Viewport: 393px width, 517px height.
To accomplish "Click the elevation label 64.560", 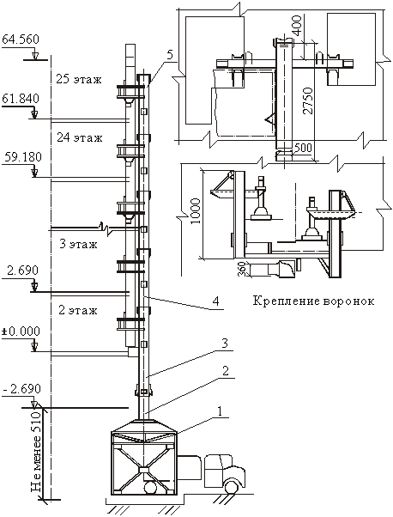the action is [x=21, y=40].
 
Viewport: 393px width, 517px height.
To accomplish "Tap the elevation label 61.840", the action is [x=21, y=98].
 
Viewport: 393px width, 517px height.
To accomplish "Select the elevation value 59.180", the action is [x=23, y=156].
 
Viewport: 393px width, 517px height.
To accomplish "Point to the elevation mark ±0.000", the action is [x=21, y=331].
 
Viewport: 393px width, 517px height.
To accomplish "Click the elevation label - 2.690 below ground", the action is [x=22, y=389].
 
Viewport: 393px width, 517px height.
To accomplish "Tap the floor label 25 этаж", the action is [x=79, y=80].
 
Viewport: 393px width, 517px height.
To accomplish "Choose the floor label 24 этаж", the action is [x=80, y=137].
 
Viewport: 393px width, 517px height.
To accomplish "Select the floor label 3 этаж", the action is [x=78, y=244].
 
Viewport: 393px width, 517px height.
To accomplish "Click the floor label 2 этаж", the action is [x=78, y=310].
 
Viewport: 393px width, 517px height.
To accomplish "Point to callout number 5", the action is [x=170, y=55].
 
